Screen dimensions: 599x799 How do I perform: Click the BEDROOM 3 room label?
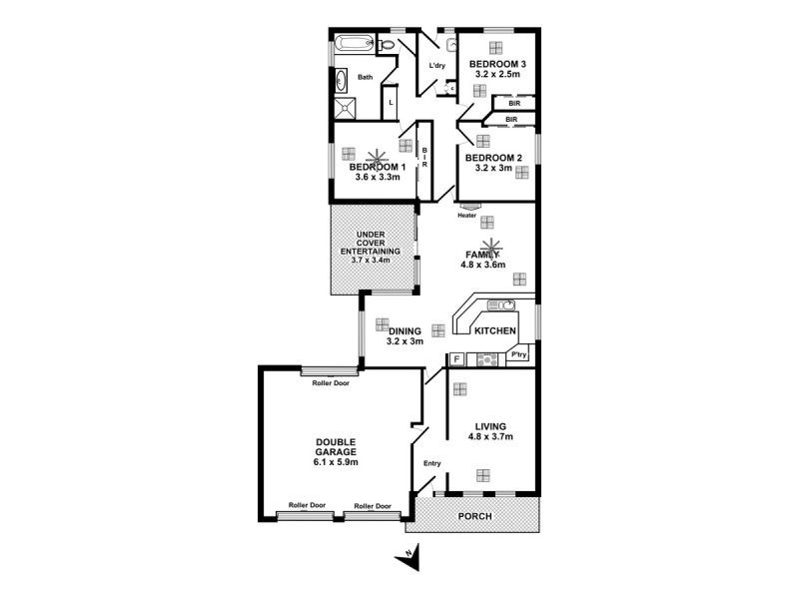point(497,63)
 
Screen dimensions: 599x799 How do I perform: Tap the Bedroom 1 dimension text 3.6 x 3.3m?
point(378,178)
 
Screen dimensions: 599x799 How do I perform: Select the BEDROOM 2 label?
point(493,158)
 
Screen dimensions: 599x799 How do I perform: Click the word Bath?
point(366,77)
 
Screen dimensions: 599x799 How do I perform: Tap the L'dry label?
point(436,67)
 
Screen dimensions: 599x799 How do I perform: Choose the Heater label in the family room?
point(466,215)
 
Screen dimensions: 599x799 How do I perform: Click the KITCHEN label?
point(494,330)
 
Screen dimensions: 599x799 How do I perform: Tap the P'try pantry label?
point(518,355)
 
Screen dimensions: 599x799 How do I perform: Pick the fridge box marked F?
point(456,358)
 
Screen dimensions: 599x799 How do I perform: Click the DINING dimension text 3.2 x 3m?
point(405,341)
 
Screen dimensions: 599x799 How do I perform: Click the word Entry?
point(431,463)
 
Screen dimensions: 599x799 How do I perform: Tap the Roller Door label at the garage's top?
point(330,381)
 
